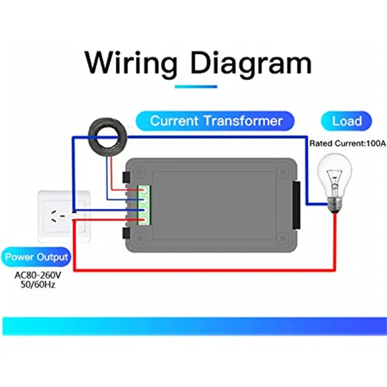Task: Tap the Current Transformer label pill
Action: point(215,120)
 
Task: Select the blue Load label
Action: point(346,120)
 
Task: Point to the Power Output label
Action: point(37,256)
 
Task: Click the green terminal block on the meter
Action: point(144,205)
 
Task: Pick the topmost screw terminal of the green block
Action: point(144,190)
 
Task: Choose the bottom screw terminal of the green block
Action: point(144,220)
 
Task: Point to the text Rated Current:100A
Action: point(347,144)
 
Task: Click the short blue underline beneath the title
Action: point(195,87)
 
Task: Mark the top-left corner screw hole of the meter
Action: point(140,170)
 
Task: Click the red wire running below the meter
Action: point(203,269)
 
